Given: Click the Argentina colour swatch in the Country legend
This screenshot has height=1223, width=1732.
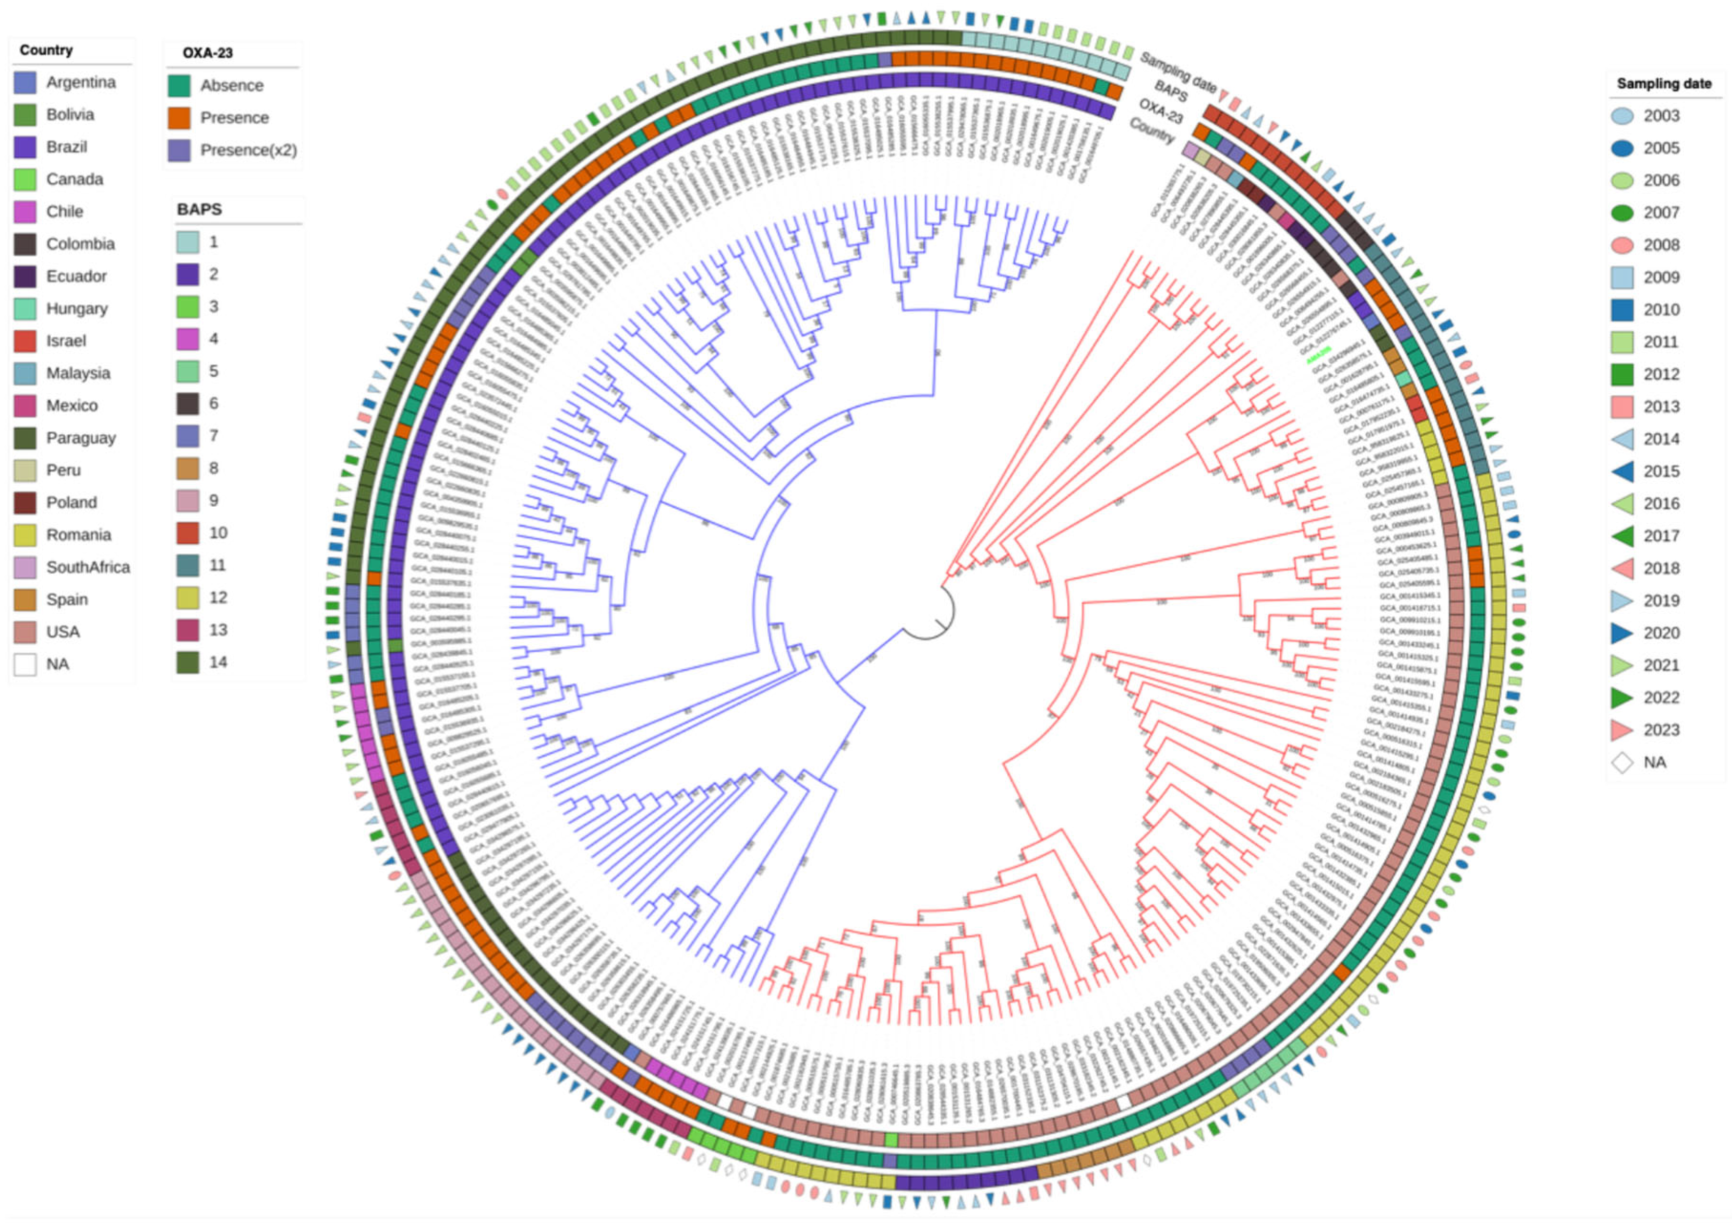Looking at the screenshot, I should [x=25, y=82].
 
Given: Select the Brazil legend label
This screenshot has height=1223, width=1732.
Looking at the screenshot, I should [x=66, y=147].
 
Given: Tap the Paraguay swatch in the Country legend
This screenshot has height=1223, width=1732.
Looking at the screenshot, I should [x=25, y=438].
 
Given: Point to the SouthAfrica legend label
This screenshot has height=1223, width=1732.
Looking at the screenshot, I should [x=88, y=567].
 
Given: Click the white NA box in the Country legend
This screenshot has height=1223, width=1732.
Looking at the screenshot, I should [x=25, y=664].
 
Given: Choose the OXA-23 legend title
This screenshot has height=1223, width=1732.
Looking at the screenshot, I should [x=207, y=53].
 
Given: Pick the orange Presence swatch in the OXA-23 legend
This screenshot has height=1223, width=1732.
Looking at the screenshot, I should [x=179, y=118].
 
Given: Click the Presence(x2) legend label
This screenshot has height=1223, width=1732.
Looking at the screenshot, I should [x=248, y=150].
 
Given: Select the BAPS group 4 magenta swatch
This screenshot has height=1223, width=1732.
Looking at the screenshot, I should [x=188, y=339].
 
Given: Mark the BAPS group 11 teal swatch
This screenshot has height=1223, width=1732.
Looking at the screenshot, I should [x=188, y=565].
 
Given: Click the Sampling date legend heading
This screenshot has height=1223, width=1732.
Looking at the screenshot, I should [x=1664, y=84].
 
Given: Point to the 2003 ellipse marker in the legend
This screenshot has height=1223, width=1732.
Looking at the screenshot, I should [x=1622, y=116].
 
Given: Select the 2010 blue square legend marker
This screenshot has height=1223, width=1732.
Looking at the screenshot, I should [x=1622, y=309].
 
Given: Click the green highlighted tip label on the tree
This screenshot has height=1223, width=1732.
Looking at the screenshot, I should [x=1319, y=356].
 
